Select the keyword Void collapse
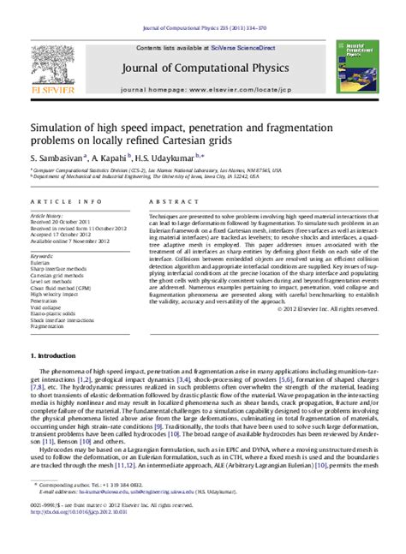[x=46, y=307]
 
